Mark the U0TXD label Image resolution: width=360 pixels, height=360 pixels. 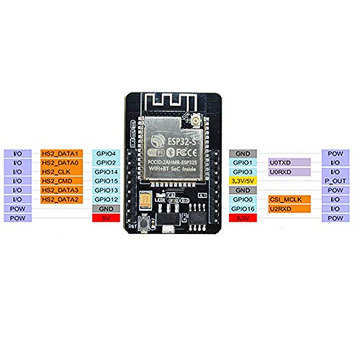(289, 163)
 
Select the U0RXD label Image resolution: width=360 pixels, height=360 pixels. (289, 172)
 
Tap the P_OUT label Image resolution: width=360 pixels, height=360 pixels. (334, 181)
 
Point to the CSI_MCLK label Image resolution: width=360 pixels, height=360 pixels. (289, 199)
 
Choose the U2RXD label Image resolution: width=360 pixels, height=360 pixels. (289, 207)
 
